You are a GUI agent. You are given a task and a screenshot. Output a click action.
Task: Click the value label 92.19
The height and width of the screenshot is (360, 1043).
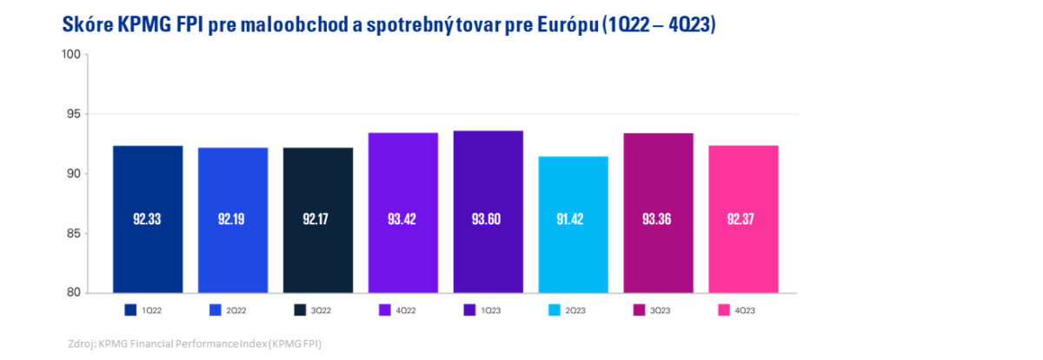[232, 219]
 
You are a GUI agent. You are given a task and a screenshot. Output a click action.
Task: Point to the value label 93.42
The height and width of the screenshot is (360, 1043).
[402, 219]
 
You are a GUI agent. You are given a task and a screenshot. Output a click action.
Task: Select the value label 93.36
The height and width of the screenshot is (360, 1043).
[658, 219]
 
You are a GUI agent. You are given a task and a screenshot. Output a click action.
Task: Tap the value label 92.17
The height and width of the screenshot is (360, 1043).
[317, 219]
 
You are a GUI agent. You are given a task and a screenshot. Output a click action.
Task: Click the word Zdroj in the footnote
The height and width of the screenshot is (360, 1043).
[81, 344]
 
